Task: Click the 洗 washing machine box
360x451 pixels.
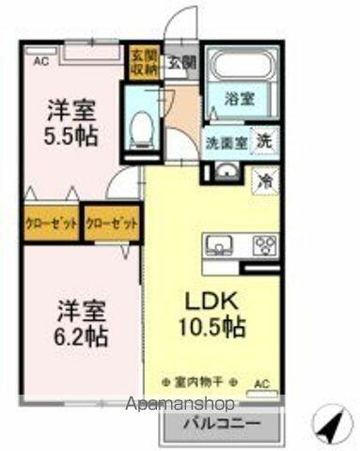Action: click(x=267, y=139)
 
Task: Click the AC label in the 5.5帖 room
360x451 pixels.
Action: click(x=39, y=62)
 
